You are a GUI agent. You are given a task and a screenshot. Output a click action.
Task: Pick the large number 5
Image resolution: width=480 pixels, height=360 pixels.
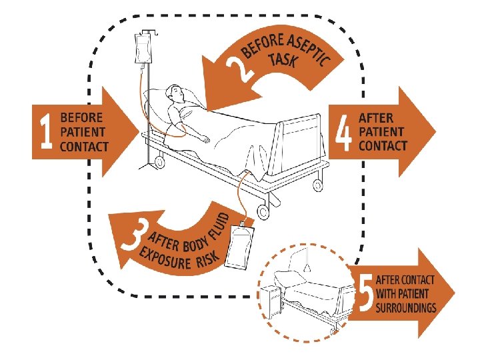point(364,294)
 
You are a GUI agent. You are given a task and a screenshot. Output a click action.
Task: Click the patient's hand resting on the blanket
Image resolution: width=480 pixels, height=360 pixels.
point(205,139)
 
